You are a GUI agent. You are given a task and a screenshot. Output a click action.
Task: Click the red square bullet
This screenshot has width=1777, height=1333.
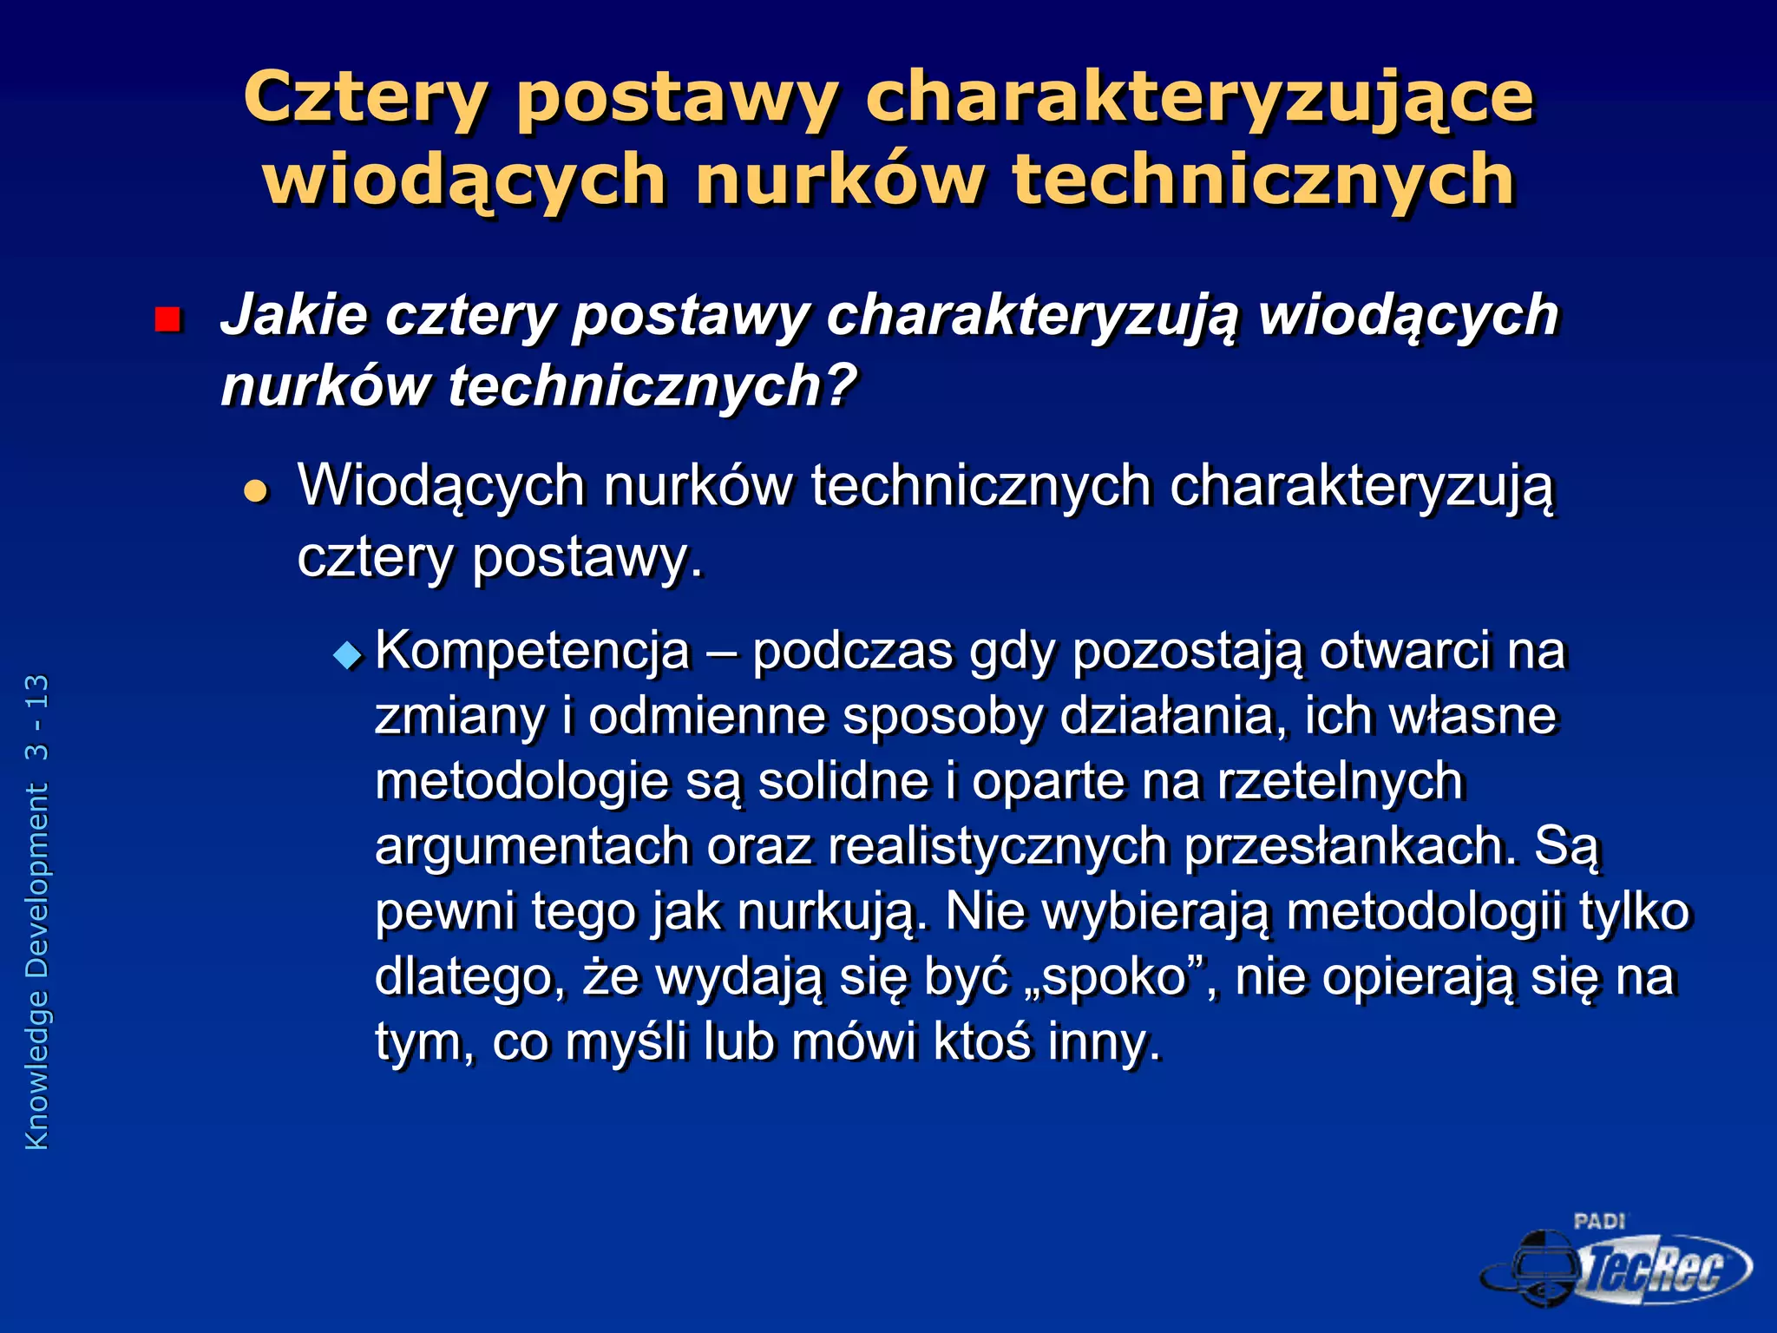tap(167, 320)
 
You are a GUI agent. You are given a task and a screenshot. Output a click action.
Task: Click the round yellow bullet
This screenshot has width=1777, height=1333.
tap(257, 492)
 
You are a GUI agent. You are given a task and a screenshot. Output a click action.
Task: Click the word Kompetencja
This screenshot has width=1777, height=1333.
tap(532, 651)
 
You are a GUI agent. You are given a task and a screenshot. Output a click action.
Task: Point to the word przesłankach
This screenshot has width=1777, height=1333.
tap(1350, 846)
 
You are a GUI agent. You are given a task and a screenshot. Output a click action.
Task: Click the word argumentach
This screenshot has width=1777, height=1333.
tap(532, 846)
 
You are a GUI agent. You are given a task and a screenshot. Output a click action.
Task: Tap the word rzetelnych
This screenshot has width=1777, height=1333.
tap(1341, 781)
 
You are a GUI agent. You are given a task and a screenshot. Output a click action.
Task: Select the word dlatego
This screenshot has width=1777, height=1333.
tap(464, 977)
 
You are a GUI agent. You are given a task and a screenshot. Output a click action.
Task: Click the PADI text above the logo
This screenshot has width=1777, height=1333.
tap(1598, 1222)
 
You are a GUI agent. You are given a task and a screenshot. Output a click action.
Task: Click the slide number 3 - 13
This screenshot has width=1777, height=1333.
tap(37, 719)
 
